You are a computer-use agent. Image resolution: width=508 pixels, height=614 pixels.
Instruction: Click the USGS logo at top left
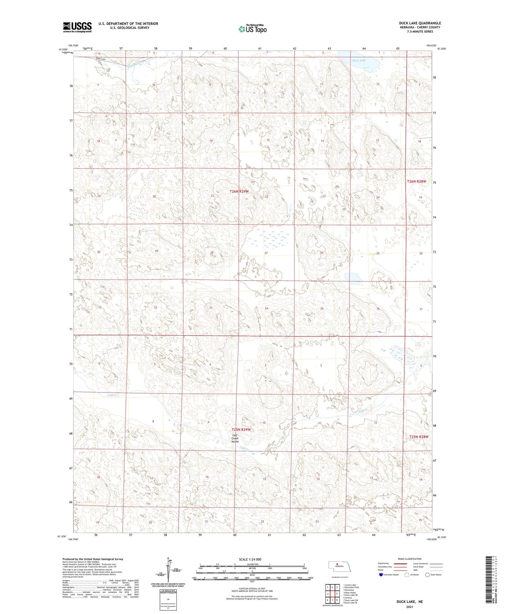pos(77,27)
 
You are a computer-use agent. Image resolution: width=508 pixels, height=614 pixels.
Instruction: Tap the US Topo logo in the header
pos(252,29)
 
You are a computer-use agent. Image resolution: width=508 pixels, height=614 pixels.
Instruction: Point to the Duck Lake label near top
pos(359,60)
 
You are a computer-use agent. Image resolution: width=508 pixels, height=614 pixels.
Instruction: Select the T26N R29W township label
pos(239,191)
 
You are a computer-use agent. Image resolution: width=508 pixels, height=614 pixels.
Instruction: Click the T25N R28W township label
pos(419,437)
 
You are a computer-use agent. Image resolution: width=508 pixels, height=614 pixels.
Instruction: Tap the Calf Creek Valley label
pos(235,439)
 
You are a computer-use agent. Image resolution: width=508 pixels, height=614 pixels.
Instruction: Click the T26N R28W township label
pos(417,181)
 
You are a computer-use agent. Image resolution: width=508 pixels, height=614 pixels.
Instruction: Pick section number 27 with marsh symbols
pos(266,253)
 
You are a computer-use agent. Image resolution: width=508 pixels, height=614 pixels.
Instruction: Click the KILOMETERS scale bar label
pos(252,564)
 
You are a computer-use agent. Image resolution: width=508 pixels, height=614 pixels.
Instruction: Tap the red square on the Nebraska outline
pos(336,566)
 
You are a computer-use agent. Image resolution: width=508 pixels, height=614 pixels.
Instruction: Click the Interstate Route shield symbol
pos(381,575)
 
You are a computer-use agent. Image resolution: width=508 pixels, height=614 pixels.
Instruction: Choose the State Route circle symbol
pos(427,575)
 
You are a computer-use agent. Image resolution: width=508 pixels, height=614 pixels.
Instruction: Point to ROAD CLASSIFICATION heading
pos(410,559)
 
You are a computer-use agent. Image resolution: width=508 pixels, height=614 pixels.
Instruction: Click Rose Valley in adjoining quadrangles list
pos(351,593)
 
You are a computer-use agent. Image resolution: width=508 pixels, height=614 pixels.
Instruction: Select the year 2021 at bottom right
pos(410,607)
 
